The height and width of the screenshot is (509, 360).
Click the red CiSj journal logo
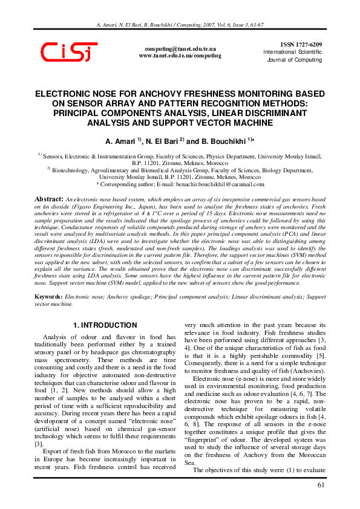[x=69, y=51]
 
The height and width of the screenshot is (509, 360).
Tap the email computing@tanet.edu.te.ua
[x=180, y=48]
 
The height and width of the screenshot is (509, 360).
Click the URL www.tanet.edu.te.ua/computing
[x=180, y=55]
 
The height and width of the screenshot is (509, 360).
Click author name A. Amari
[x=120, y=140]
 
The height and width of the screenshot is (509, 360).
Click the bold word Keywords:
[x=48, y=297]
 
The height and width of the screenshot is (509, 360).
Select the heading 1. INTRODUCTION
[x=105, y=325]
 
